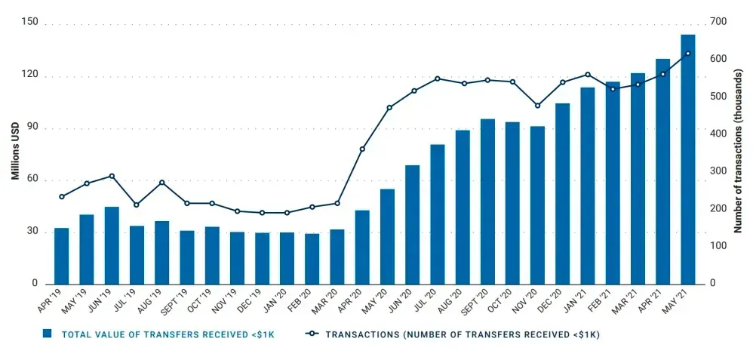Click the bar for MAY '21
click(x=687, y=158)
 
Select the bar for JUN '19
click(x=112, y=245)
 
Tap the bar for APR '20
click(x=362, y=247)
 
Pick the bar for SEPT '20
click(x=487, y=201)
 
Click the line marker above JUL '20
click(x=437, y=78)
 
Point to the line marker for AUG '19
click(x=161, y=183)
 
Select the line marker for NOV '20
click(x=537, y=105)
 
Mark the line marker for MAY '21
click(x=687, y=54)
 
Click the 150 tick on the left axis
click(x=30, y=25)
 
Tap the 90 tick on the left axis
click(x=30, y=128)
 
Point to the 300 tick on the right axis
click(x=718, y=171)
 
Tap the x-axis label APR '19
click(x=50, y=304)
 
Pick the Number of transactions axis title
click(x=740, y=152)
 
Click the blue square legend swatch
click(x=47, y=333)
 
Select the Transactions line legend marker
click(x=311, y=333)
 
